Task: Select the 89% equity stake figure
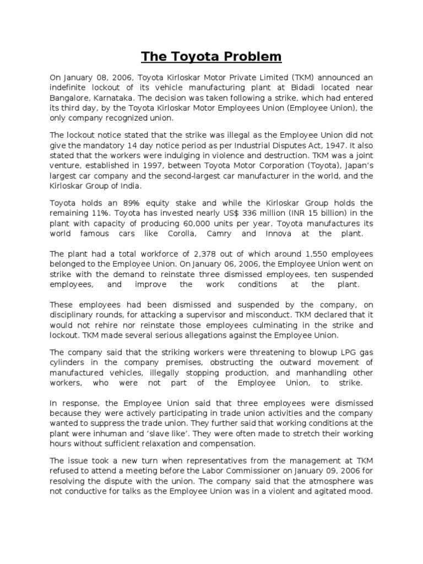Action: pos(131,203)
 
